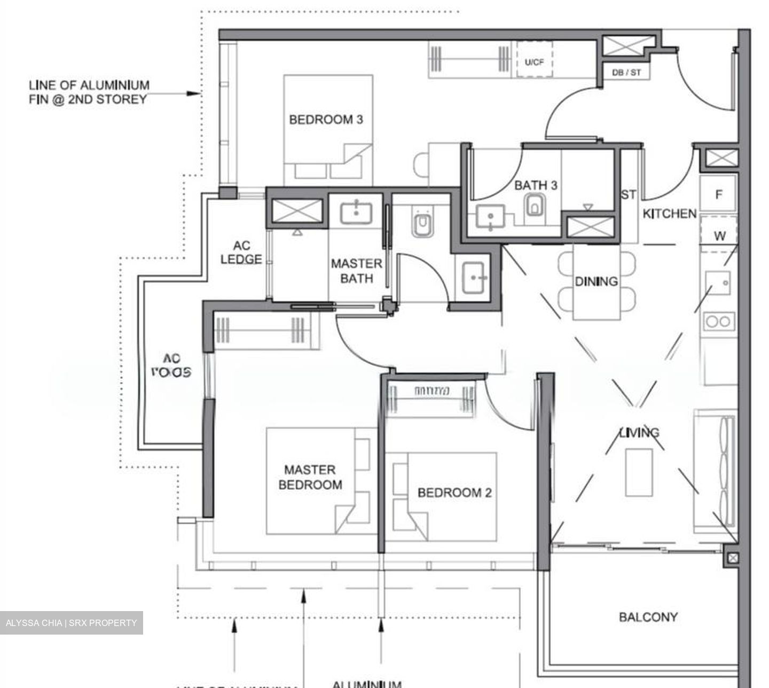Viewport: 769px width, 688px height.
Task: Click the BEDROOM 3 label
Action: (326, 119)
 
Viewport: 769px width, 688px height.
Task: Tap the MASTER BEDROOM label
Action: (310, 477)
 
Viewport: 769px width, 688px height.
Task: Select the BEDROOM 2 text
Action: (454, 492)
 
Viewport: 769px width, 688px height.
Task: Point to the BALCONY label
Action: (648, 617)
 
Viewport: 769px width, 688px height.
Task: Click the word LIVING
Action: (639, 432)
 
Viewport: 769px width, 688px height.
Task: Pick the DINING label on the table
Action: (596, 281)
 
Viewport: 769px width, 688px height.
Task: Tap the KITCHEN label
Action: (669, 214)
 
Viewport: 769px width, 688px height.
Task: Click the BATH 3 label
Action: (536, 185)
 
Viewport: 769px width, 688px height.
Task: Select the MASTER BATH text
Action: (356, 271)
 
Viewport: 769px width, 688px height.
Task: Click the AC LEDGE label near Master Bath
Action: (241, 253)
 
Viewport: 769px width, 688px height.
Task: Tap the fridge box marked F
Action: (719, 194)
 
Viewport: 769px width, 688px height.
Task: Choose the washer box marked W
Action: (719, 235)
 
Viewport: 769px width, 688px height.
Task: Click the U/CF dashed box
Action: (534, 61)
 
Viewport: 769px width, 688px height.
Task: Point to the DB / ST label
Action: (626, 72)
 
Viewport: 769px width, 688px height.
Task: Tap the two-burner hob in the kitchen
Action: (718, 321)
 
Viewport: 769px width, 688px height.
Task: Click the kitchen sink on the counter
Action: (718, 283)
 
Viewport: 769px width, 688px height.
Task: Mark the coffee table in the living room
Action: (639, 472)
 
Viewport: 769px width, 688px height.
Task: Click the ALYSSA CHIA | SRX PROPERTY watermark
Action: (71, 623)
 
